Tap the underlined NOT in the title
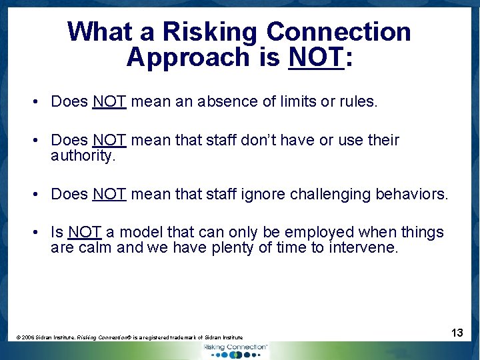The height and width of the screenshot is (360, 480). pos(316,58)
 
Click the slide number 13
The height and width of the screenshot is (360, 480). pos(457,332)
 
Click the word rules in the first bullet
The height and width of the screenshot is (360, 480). pos(358,101)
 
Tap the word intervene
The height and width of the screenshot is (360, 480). pos(369,248)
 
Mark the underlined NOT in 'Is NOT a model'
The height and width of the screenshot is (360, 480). pos(85,233)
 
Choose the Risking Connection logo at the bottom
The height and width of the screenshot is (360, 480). pos(235,350)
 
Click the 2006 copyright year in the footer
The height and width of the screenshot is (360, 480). pos(27,338)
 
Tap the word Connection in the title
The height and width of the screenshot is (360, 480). pos(339,32)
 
